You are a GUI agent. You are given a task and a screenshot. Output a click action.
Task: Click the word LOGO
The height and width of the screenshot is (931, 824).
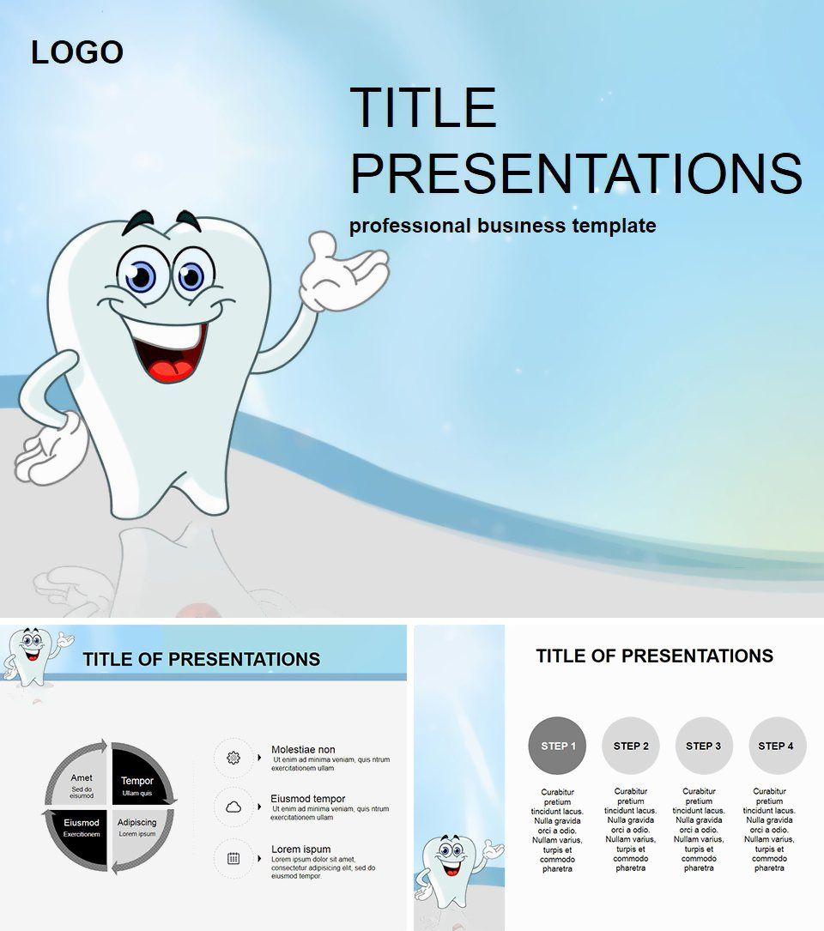[x=77, y=52]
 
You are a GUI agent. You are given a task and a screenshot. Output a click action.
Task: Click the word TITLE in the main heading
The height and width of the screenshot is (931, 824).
[x=423, y=107]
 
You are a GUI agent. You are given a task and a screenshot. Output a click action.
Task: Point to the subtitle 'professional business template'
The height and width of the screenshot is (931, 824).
[x=502, y=226]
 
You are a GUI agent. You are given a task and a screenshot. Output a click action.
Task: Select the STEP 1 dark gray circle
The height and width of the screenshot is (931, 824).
[x=557, y=746]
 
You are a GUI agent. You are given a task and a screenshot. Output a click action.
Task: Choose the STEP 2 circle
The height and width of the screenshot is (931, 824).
[x=631, y=746]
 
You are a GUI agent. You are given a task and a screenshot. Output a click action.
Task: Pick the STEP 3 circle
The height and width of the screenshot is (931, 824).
[x=704, y=746]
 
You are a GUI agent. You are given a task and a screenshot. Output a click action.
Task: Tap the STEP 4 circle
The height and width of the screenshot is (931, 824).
[x=777, y=746]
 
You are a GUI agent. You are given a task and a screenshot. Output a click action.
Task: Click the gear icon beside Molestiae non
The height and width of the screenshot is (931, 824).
[x=233, y=758]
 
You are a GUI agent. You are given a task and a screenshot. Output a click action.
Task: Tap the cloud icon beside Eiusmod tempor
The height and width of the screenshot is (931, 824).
[x=233, y=807]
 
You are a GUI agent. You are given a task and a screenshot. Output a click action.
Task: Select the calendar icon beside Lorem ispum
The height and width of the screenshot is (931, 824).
[x=233, y=857]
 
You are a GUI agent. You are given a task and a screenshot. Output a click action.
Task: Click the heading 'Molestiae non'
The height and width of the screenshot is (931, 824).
[x=303, y=749]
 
